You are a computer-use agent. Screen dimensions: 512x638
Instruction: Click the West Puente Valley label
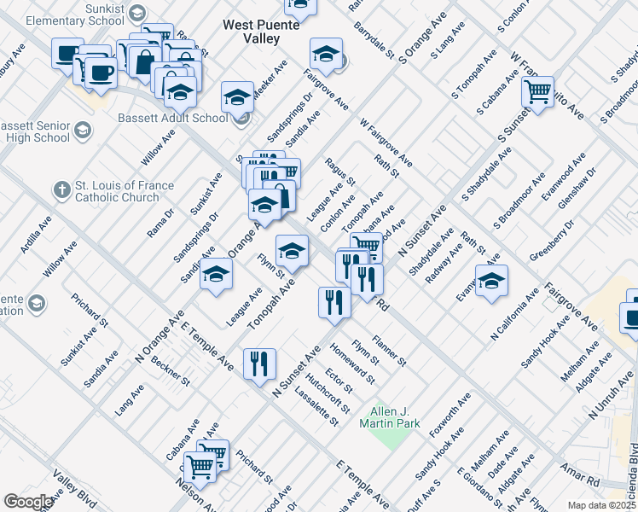pyautogui.click(x=262, y=32)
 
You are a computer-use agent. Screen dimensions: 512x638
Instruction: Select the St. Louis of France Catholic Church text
pyautogui.click(x=125, y=191)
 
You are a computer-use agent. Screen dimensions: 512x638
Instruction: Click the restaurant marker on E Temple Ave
pyautogui.click(x=258, y=364)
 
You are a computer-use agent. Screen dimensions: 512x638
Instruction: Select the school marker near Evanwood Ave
pyautogui.click(x=491, y=282)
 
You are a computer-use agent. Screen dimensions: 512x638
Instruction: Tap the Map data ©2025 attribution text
pyautogui.click(x=602, y=505)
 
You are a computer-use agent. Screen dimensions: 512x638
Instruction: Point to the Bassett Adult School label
pyautogui.click(x=173, y=118)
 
